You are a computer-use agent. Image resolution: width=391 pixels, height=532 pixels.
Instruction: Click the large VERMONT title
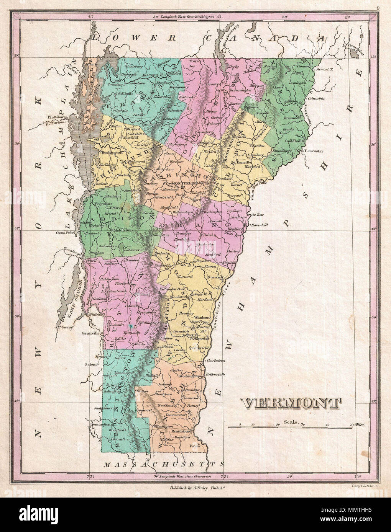[291, 403]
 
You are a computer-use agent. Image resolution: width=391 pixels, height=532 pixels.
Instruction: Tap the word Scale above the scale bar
[291, 421]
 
